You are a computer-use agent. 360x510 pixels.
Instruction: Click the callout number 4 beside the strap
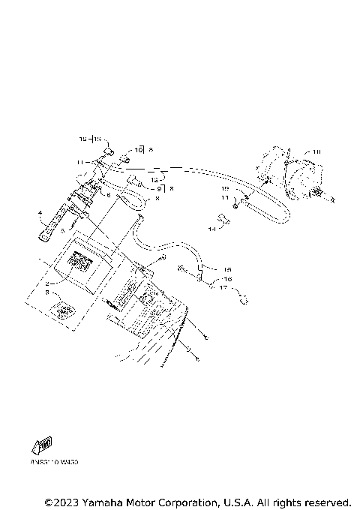click(x=40, y=214)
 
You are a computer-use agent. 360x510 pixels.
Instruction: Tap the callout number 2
click(x=46, y=284)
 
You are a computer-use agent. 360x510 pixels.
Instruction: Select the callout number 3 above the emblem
click(x=46, y=294)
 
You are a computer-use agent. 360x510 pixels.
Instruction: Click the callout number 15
click(x=228, y=269)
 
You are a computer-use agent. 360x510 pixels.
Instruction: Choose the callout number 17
click(x=223, y=287)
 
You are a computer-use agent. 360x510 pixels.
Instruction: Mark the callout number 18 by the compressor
click(x=316, y=152)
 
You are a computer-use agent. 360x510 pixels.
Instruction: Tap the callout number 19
click(x=224, y=188)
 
